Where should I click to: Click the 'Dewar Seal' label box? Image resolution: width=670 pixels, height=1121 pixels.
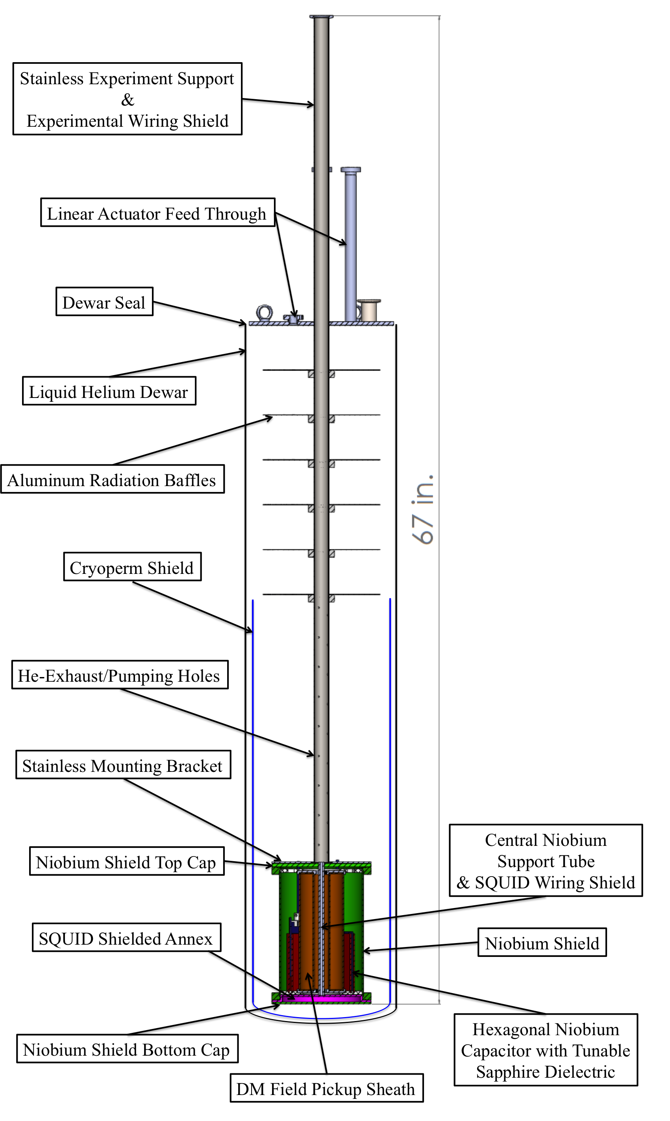tap(104, 302)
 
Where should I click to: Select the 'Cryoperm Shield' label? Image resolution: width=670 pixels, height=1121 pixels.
tap(132, 567)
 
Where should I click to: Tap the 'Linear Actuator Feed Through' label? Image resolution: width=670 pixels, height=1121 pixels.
tap(157, 213)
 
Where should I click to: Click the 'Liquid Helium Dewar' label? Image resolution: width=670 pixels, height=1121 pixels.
tap(109, 391)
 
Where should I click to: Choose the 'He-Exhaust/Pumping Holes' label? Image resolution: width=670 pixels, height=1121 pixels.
tap(119, 675)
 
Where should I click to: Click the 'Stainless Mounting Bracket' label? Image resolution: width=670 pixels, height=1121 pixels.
tap(123, 766)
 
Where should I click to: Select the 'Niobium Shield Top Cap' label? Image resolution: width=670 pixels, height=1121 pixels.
tap(126, 862)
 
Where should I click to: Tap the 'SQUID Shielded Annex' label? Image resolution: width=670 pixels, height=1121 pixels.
tap(126, 938)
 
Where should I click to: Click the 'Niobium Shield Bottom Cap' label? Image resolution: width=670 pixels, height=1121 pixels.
tap(127, 1049)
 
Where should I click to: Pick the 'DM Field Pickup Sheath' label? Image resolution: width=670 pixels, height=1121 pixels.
tap(326, 1088)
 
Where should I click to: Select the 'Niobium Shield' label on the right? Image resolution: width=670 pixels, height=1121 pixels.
tap(542, 943)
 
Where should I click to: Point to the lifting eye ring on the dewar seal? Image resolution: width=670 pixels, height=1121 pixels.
tap(264, 312)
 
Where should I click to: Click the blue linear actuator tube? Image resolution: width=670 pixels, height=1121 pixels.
tap(350, 244)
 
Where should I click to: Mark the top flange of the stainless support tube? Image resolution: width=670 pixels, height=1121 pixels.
tap(321, 17)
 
